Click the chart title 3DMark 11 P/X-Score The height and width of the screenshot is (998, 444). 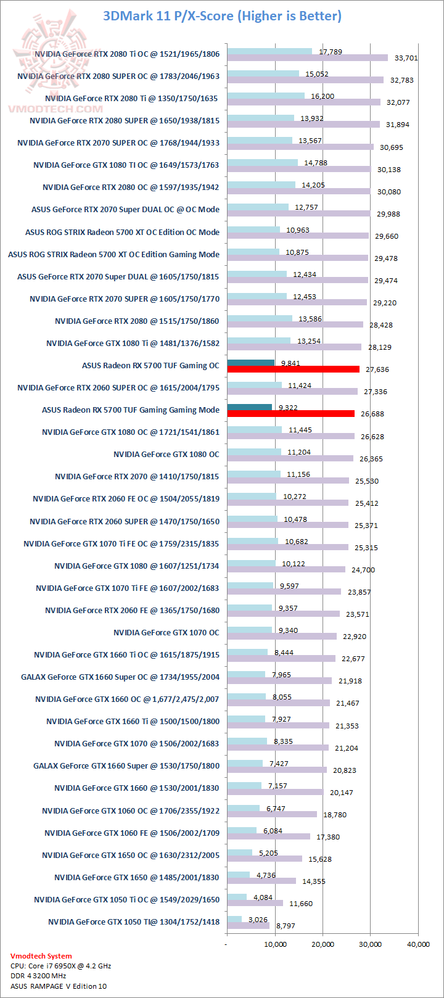[222, 15]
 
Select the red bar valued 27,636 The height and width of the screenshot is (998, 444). [293, 369]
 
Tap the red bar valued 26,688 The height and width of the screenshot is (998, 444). [290, 414]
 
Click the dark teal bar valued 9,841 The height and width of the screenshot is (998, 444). [250, 363]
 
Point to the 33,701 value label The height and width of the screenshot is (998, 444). [406, 58]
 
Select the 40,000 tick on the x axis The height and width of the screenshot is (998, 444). [418, 944]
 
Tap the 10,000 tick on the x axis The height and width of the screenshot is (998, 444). [275, 944]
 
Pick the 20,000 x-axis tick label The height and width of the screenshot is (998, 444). [323, 944]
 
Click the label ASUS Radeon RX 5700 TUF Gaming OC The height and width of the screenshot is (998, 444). [150, 365]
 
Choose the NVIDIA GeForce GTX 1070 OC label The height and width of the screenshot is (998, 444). [166, 632]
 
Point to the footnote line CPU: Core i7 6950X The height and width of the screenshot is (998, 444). [60, 966]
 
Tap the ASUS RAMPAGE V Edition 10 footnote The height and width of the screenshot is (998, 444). [58, 986]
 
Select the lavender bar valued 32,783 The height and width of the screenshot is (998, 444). [305, 80]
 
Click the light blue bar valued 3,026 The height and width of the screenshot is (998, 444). [234, 920]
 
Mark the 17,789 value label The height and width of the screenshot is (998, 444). [331, 52]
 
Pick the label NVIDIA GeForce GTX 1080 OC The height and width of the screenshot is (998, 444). [166, 454]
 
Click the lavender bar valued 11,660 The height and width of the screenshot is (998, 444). [255, 903]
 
